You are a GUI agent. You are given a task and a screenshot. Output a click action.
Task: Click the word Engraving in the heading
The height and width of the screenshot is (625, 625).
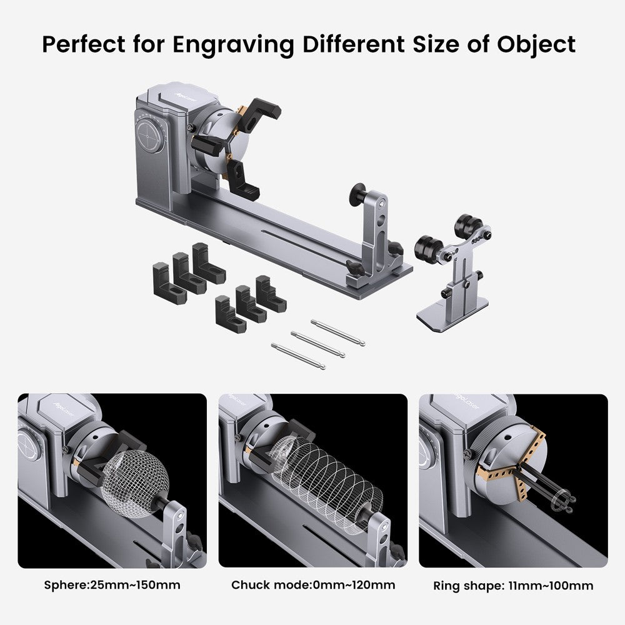point(234,45)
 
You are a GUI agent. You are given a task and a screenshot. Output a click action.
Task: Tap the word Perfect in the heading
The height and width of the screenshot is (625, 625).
point(83,44)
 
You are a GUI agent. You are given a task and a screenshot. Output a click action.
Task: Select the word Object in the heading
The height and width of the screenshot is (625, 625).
point(536,44)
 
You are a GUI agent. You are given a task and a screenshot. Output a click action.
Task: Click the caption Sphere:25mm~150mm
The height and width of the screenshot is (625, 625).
point(112,585)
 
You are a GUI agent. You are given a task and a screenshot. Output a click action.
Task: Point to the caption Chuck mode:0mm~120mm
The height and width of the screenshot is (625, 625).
point(313,585)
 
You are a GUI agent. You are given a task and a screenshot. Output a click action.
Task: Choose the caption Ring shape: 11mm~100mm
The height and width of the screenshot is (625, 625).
point(513,586)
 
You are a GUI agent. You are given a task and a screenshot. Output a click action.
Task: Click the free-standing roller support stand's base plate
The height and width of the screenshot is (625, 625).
point(452,314)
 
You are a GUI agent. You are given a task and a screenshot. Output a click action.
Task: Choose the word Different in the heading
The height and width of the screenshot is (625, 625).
point(354,44)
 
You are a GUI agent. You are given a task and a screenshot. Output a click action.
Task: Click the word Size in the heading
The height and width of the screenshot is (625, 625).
point(436,44)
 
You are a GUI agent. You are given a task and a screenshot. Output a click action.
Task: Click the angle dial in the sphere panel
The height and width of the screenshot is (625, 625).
point(29,445)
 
